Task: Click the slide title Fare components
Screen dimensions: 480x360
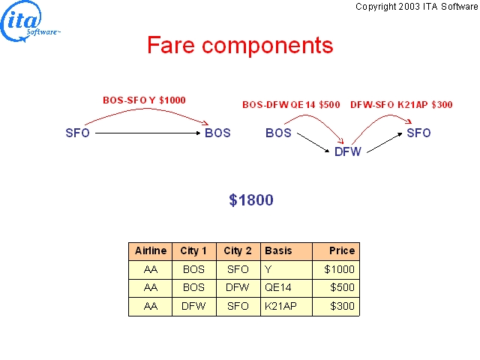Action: (x=240, y=45)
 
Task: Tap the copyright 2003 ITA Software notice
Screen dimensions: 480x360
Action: (x=417, y=7)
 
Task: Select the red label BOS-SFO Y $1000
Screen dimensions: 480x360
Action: (x=144, y=100)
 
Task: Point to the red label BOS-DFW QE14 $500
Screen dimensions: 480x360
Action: (x=291, y=105)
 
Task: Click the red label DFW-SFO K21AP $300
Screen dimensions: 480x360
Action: (x=401, y=105)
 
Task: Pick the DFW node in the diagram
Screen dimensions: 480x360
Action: (x=348, y=151)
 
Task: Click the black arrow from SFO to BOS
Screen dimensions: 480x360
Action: (x=148, y=133)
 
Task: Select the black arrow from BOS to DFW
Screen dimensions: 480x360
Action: (x=313, y=142)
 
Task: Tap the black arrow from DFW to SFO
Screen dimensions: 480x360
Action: (x=385, y=142)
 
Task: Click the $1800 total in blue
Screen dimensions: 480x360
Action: (x=251, y=200)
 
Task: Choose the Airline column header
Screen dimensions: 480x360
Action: (x=151, y=251)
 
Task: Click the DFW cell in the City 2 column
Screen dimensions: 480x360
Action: (x=238, y=288)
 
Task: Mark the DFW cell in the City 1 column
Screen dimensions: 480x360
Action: (x=194, y=307)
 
